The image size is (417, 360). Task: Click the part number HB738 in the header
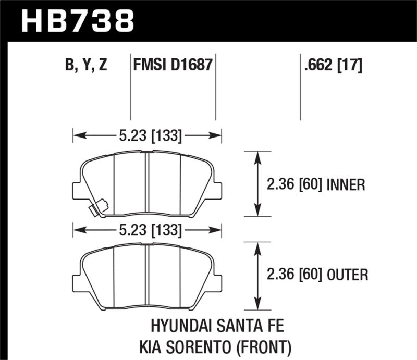click(x=78, y=20)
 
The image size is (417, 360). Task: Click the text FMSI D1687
click(x=172, y=66)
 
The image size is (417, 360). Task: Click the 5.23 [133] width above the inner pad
click(x=148, y=136)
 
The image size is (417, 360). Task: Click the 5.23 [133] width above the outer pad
click(x=148, y=229)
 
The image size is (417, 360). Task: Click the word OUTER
click(x=348, y=274)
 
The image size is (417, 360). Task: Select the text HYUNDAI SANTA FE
click(x=217, y=327)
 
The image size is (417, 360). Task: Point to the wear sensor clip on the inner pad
click(x=97, y=208)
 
